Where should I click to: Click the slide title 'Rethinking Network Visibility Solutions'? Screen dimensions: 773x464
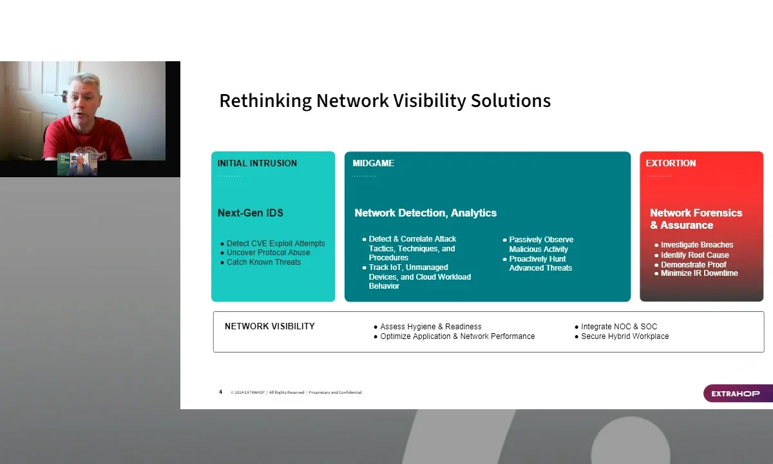(x=385, y=101)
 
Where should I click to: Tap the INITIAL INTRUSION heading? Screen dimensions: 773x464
(x=257, y=163)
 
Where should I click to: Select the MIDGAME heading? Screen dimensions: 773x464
(x=373, y=163)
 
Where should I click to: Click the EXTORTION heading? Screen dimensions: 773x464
(x=671, y=163)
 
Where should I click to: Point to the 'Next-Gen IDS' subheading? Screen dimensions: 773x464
(x=250, y=213)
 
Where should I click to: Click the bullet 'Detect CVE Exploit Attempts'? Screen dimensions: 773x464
(x=276, y=244)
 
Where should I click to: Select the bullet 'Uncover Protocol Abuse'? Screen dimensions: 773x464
(x=268, y=253)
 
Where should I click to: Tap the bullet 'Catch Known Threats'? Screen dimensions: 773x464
(x=263, y=262)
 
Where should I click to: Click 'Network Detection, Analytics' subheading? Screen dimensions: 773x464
(x=426, y=213)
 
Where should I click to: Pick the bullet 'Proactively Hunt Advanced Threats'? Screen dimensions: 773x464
(x=540, y=264)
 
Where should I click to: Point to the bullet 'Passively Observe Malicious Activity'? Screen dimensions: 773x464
(x=541, y=244)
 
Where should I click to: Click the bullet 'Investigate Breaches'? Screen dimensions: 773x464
(x=697, y=245)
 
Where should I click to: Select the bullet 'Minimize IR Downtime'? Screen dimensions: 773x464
(x=699, y=273)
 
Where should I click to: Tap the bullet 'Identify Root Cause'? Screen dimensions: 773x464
(x=694, y=255)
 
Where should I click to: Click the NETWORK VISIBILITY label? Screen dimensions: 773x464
(x=269, y=326)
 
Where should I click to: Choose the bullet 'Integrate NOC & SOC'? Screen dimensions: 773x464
(x=619, y=327)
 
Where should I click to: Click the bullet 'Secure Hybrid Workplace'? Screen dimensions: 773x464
(x=625, y=336)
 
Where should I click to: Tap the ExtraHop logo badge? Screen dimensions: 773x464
(x=738, y=394)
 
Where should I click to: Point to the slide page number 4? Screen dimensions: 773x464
(x=220, y=392)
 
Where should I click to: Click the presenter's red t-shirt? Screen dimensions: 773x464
(x=86, y=140)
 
